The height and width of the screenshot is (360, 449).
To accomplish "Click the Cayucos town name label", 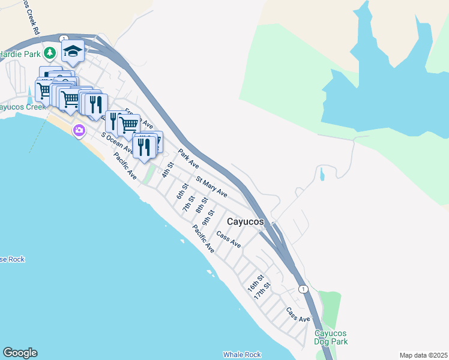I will (245, 222).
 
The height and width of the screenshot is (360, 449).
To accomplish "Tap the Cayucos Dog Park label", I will (331, 337).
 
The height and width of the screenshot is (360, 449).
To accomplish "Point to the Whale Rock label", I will (242, 355).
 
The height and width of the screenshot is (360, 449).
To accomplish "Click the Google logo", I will (19, 353).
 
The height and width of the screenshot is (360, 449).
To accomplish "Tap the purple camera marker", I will (79, 130).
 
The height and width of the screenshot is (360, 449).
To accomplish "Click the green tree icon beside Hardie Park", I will (50, 53).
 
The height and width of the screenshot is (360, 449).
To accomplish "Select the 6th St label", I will (182, 191).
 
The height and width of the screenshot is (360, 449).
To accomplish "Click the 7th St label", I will (189, 203).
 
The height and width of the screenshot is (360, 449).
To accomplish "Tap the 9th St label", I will (208, 218).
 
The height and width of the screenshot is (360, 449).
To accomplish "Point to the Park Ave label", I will (188, 158).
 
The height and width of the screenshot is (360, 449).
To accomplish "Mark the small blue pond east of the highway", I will (322, 175).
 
